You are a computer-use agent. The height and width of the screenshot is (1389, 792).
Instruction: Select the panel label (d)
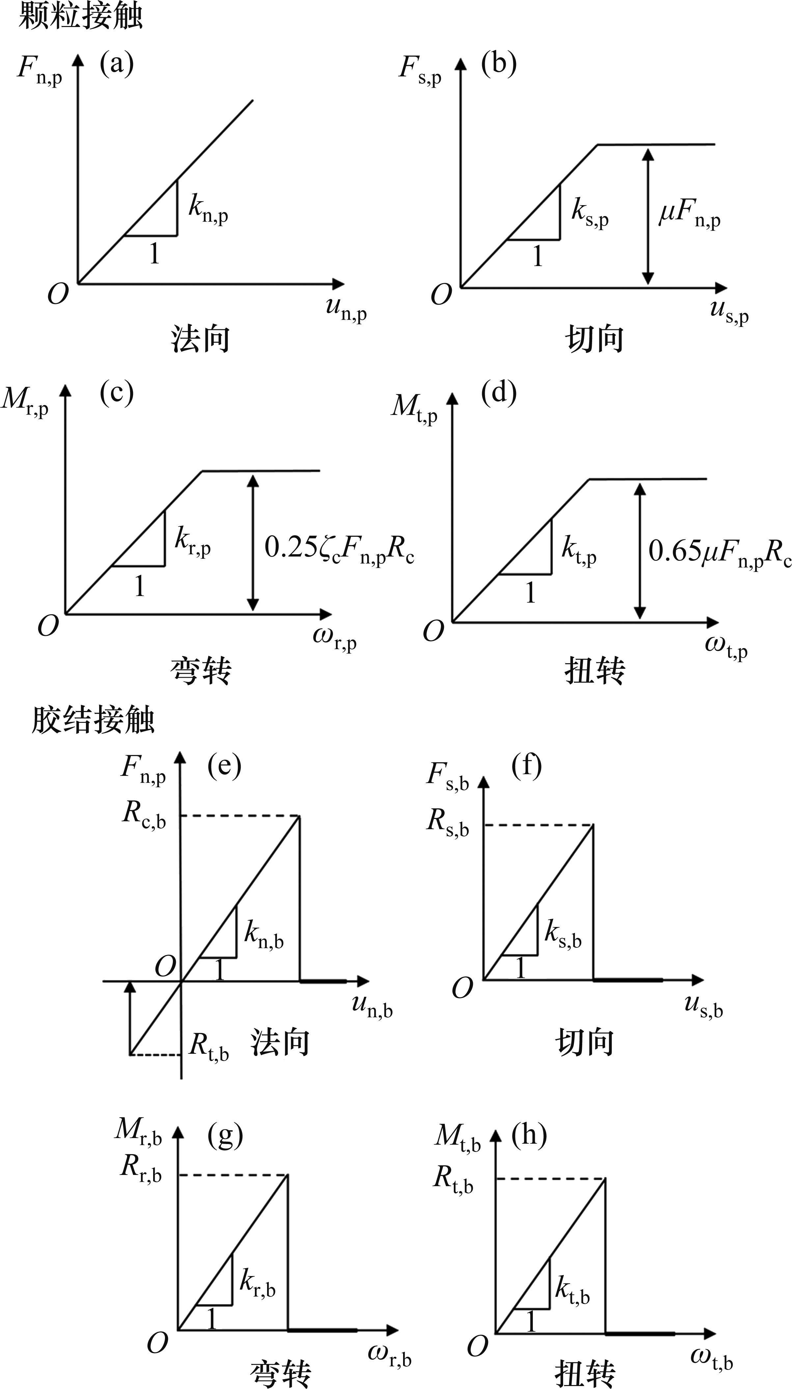click(x=498, y=392)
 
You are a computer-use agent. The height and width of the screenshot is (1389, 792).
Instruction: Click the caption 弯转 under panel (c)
click(x=201, y=670)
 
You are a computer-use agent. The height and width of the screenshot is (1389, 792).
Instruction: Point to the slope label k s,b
click(x=563, y=934)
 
